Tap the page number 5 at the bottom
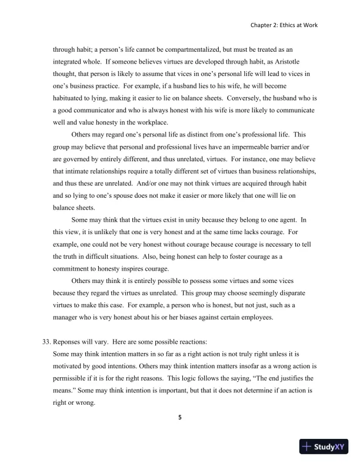click(x=179, y=418)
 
